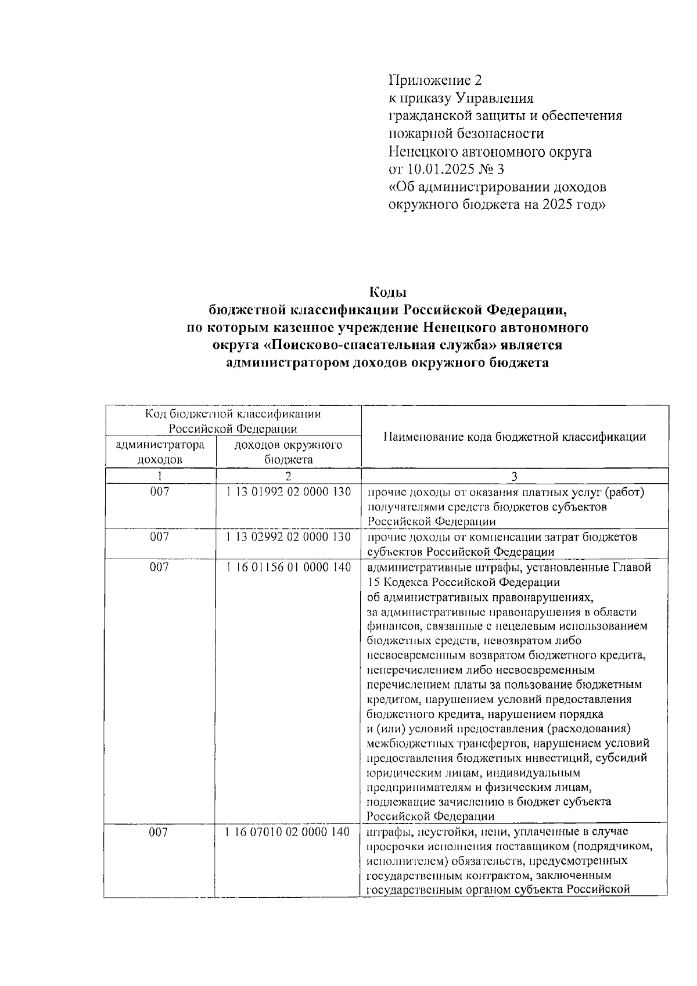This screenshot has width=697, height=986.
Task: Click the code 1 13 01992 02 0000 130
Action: point(289,492)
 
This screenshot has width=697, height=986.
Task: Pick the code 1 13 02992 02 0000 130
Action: point(289,537)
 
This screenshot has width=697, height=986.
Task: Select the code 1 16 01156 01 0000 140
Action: point(289,567)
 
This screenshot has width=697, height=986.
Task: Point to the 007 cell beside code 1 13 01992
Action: point(160,492)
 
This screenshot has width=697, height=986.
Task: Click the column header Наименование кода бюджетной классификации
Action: point(515,437)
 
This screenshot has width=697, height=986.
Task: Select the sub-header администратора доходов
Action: point(160,452)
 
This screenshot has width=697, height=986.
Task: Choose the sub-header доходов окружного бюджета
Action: point(288,452)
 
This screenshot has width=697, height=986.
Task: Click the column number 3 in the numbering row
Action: point(514,476)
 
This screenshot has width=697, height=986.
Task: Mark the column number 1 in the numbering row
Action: point(160,476)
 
